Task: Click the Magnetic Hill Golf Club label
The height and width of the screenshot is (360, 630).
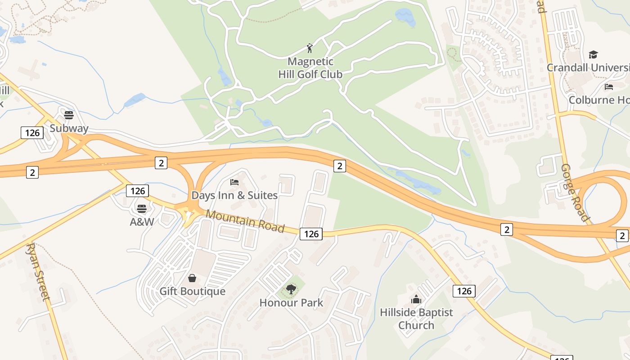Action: click(310, 68)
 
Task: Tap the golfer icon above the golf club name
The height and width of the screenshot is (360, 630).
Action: click(310, 48)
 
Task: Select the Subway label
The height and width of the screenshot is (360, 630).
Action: click(69, 128)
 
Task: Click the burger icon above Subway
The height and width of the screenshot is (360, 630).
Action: click(69, 115)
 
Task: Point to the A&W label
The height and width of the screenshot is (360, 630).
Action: click(142, 222)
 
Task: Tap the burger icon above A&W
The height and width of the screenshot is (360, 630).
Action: click(142, 209)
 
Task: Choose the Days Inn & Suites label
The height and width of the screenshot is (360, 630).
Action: click(234, 195)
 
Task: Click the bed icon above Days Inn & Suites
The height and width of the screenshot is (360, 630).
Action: click(234, 182)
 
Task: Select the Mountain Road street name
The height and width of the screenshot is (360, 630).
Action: click(245, 221)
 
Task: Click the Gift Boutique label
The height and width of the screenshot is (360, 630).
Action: click(192, 291)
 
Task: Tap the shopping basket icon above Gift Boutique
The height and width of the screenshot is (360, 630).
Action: click(192, 278)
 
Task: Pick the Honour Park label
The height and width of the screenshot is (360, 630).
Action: click(291, 302)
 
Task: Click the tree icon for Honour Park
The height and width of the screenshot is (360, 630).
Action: click(291, 289)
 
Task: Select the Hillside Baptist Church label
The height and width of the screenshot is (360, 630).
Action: click(416, 319)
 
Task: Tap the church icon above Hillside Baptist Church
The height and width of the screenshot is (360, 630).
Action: click(416, 299)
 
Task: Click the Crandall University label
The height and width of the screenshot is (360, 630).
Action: click(588, 67)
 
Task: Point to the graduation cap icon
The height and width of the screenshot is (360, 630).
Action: click(593, 55)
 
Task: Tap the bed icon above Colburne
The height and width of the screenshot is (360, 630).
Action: click(609, 87)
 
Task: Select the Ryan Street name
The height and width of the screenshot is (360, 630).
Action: click(38, 272)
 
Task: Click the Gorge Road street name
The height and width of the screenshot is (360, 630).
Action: click(575, 193)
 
